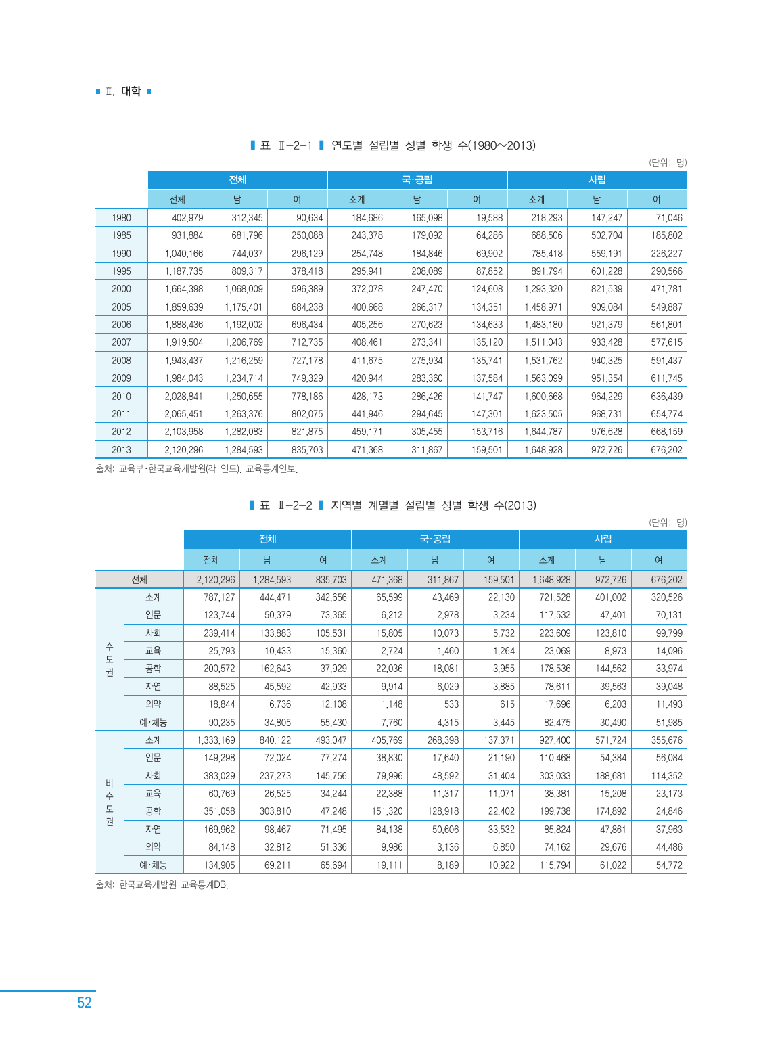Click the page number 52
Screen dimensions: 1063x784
coord(84,1003)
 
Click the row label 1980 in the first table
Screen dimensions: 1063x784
coord(122,218)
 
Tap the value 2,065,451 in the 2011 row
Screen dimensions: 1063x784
coord(184,414)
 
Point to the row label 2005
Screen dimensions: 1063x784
coord(122,307)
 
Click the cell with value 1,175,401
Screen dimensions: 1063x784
coord(244,307)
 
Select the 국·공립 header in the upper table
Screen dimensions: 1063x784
coord(417,180)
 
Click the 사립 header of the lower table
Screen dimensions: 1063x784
coord(603,539)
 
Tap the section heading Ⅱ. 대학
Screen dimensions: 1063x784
coord(123,91)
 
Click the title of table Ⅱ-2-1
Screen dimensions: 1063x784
coord(392,145)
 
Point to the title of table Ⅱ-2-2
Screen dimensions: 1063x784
coord(392,505)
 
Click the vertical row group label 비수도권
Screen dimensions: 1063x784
coord(110,802)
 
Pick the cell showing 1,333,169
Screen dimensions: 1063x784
coord(216,740)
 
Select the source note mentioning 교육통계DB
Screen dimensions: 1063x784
coord(162,885)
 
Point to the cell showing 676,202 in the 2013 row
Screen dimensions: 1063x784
coord(666,450)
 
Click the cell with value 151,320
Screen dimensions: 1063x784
coord(387,811)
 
